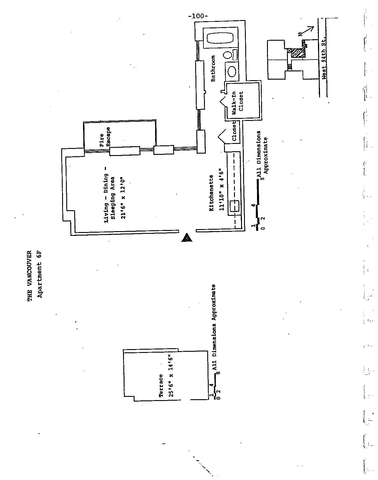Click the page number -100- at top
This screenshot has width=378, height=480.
click(x=198, y=16)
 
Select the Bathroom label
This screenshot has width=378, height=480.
click(x=213, y=68)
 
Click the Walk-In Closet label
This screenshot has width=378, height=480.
click(x=238, y=101)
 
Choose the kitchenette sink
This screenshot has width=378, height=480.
click(x=234, y=206)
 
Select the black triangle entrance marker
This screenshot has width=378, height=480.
click(x=187, y=237)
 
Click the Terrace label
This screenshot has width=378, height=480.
click(x=161, y=386)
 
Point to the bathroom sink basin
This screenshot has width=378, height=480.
click(x=232, y=71)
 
